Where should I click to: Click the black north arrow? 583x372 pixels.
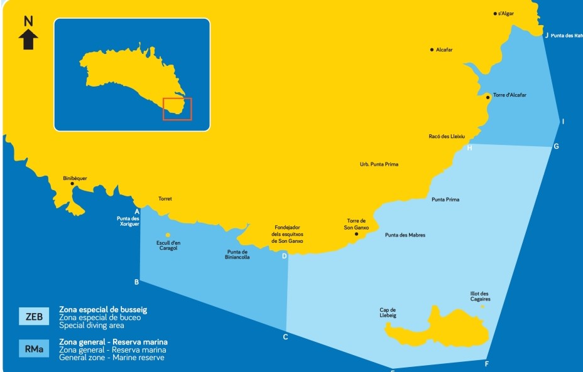coord(28,40)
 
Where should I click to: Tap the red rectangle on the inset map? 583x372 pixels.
coord(177,109)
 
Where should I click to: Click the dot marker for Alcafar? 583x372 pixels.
coord(432,50)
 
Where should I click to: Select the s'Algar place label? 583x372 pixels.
coord(506,13)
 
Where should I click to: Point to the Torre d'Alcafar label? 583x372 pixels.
coord(509,95)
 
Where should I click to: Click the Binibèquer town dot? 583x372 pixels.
coord(72,184)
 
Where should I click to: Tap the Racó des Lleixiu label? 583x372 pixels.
coord(442,136)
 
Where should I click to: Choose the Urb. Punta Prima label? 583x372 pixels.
coord(379,164)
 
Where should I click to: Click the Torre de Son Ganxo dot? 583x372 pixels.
coord(356,234)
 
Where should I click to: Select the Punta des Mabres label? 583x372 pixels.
coord(405,235)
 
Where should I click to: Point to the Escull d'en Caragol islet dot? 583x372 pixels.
coord(167,235)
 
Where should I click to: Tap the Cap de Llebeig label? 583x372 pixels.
coord(388,312)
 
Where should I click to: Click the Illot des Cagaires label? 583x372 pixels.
coord(480,296)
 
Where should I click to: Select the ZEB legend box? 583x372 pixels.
coord(34,316)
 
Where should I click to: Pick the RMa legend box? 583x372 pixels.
coord(34,349)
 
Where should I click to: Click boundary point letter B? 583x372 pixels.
coord(136,282)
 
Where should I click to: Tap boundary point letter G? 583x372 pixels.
coord(556,146)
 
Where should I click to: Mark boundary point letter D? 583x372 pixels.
coord(284,255)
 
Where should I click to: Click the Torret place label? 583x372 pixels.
coord(165,199)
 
